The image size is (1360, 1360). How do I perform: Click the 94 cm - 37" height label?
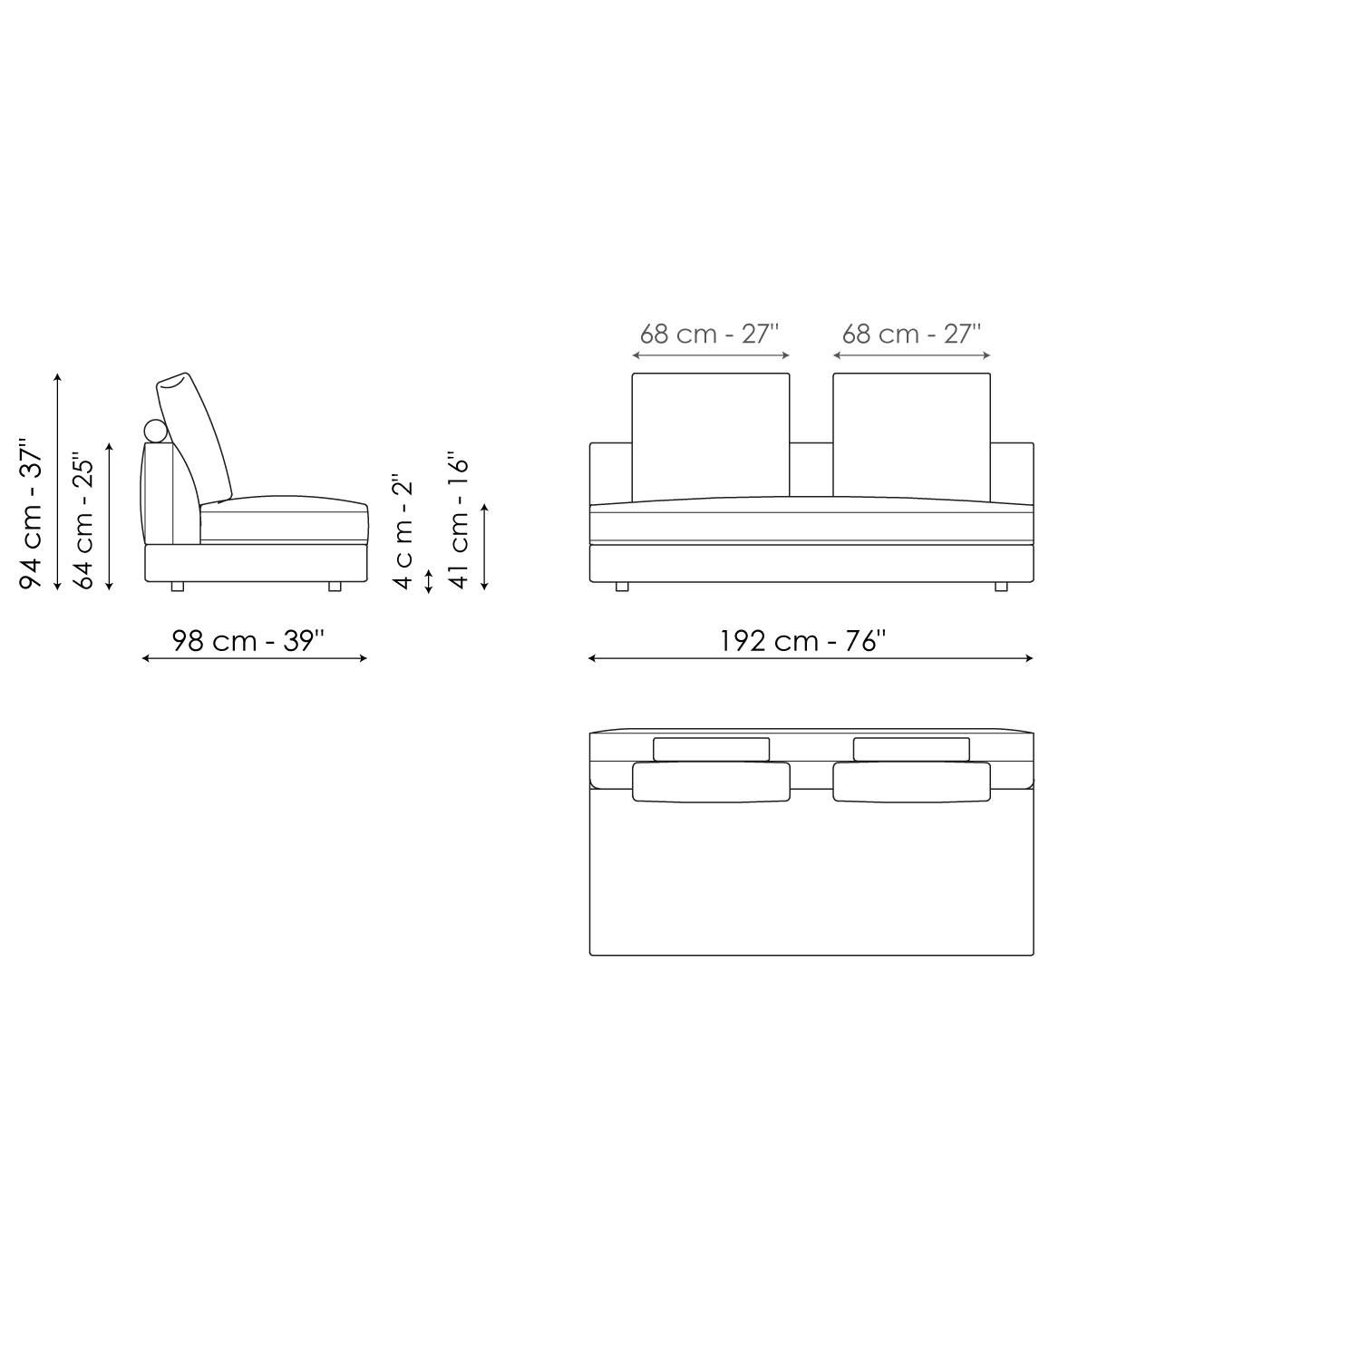click(32, 515)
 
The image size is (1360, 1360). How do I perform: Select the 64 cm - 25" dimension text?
click(84, 521)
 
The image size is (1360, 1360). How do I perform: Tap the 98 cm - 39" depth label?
click(248, 641)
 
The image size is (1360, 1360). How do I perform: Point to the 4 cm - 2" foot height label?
click(403, 531)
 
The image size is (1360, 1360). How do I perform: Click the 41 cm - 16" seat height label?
click(460, 522)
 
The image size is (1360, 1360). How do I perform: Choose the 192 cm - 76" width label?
click(802, 641)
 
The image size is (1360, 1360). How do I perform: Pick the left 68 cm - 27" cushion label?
click(710, 335)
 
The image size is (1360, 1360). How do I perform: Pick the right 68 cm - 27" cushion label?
click(911, 335)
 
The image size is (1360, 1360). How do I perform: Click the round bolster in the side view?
click(156, 431)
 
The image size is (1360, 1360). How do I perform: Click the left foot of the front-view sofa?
click(622, 587)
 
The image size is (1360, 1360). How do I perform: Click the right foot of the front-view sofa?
click(1001, 587)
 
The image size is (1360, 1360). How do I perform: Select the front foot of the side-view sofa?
click(335, 587)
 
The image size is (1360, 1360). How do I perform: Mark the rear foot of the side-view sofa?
click(177, 587)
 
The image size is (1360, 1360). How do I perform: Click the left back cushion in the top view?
click(711, 782)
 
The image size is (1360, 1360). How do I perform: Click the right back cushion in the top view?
click(911, 782)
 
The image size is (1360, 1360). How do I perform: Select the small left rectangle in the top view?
click(711, 749)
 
